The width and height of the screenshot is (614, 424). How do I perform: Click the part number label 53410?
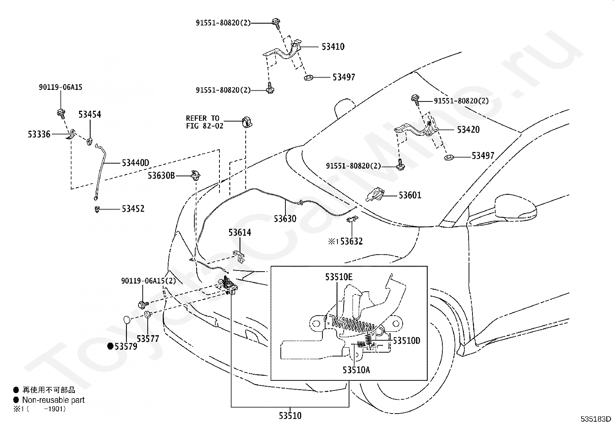(333, 47)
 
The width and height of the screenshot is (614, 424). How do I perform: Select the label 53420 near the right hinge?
(468, 130)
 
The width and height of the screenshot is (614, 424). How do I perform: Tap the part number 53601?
(410, 195)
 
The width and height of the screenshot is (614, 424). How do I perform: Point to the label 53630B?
(161, 176)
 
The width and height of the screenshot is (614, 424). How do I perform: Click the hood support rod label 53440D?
(135, 163)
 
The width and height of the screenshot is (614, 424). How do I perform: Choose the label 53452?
(133, 209)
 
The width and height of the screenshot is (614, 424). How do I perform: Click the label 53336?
(39, 134)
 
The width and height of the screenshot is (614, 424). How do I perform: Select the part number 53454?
(89, 114)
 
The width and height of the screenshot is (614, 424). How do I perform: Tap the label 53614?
(240, 233)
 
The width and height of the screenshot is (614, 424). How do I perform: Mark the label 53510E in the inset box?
(339, 277)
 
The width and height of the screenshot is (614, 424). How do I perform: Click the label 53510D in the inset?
(407, 341)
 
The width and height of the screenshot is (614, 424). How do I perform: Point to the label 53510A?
(356, 370)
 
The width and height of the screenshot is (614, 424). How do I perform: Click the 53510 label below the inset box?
(290, 416)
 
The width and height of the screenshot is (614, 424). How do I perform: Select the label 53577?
(148, 339)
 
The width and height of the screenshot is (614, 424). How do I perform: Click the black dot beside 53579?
(110, 346)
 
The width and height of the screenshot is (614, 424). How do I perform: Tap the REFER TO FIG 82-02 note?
(204, 122)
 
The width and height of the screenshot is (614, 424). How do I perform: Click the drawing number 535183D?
(595, 419)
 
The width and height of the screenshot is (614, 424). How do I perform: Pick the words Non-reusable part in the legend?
(53, 400)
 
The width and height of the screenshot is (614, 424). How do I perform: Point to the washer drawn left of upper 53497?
(309, 78)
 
